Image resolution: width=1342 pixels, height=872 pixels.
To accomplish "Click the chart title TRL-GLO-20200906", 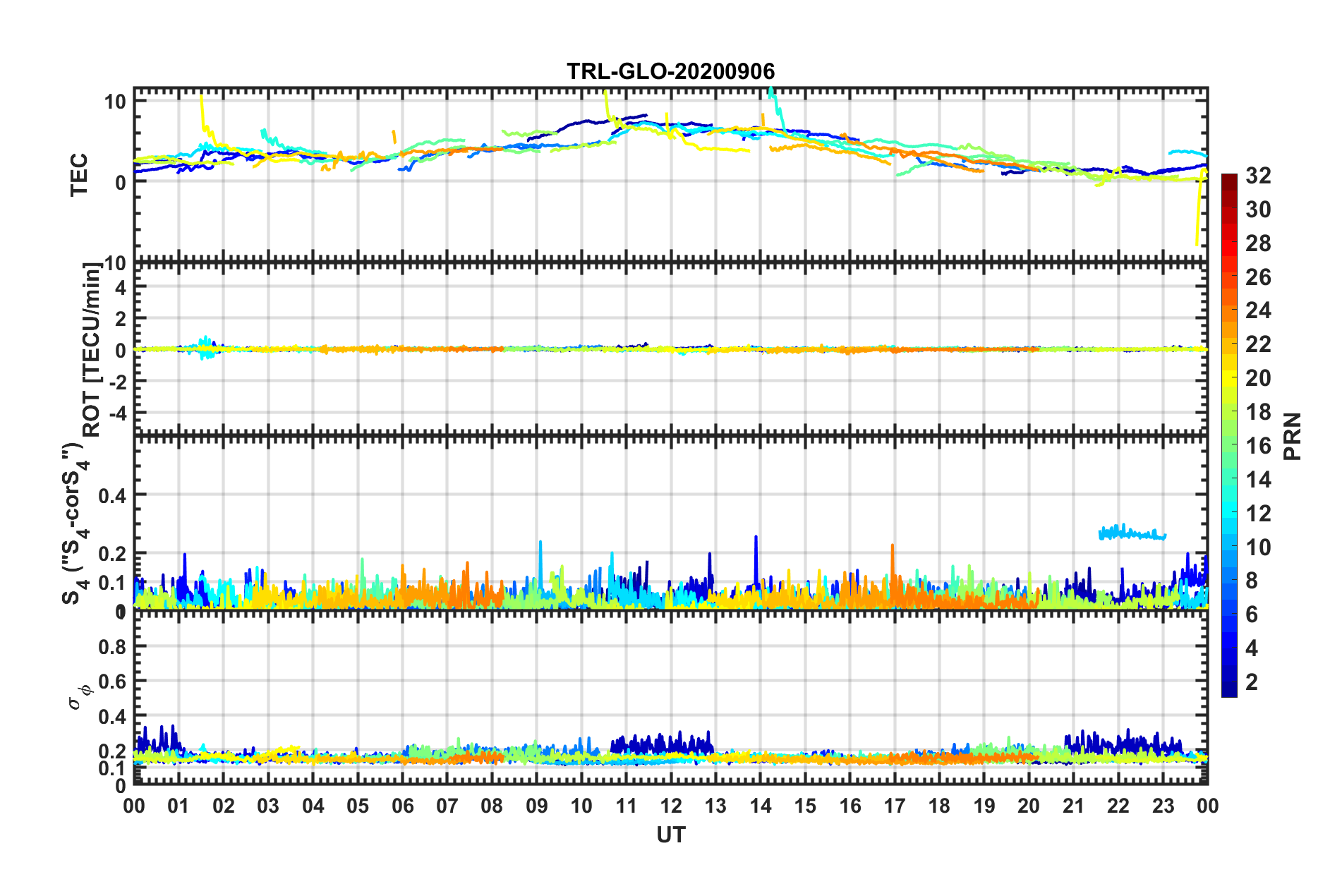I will pos(670,71).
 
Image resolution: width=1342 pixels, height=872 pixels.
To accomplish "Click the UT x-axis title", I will pos(670,835).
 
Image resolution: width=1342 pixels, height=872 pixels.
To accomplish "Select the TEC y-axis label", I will pos(79,174).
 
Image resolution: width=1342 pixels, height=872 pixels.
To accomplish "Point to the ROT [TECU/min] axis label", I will pos(91,350).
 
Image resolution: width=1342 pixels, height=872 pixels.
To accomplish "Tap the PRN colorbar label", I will pos(1293,436).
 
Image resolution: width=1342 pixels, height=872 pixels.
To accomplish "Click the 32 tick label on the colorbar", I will pos(1258,176).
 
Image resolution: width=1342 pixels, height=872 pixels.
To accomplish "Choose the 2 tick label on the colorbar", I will pos(1252,682).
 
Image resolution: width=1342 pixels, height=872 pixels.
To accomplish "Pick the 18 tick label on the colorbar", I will pos(1258,412).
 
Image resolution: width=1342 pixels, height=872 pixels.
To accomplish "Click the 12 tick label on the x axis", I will pos(671,806).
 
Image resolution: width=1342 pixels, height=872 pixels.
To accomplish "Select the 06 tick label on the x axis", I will pos(402,806).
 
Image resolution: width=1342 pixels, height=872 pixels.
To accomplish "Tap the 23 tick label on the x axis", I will pos(1163,806).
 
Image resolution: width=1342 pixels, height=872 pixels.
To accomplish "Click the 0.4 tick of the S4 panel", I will pos(112,496).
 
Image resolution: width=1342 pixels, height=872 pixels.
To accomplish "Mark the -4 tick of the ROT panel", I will pos(116,412).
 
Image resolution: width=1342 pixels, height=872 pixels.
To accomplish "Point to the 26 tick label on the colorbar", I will pos(1258,277).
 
